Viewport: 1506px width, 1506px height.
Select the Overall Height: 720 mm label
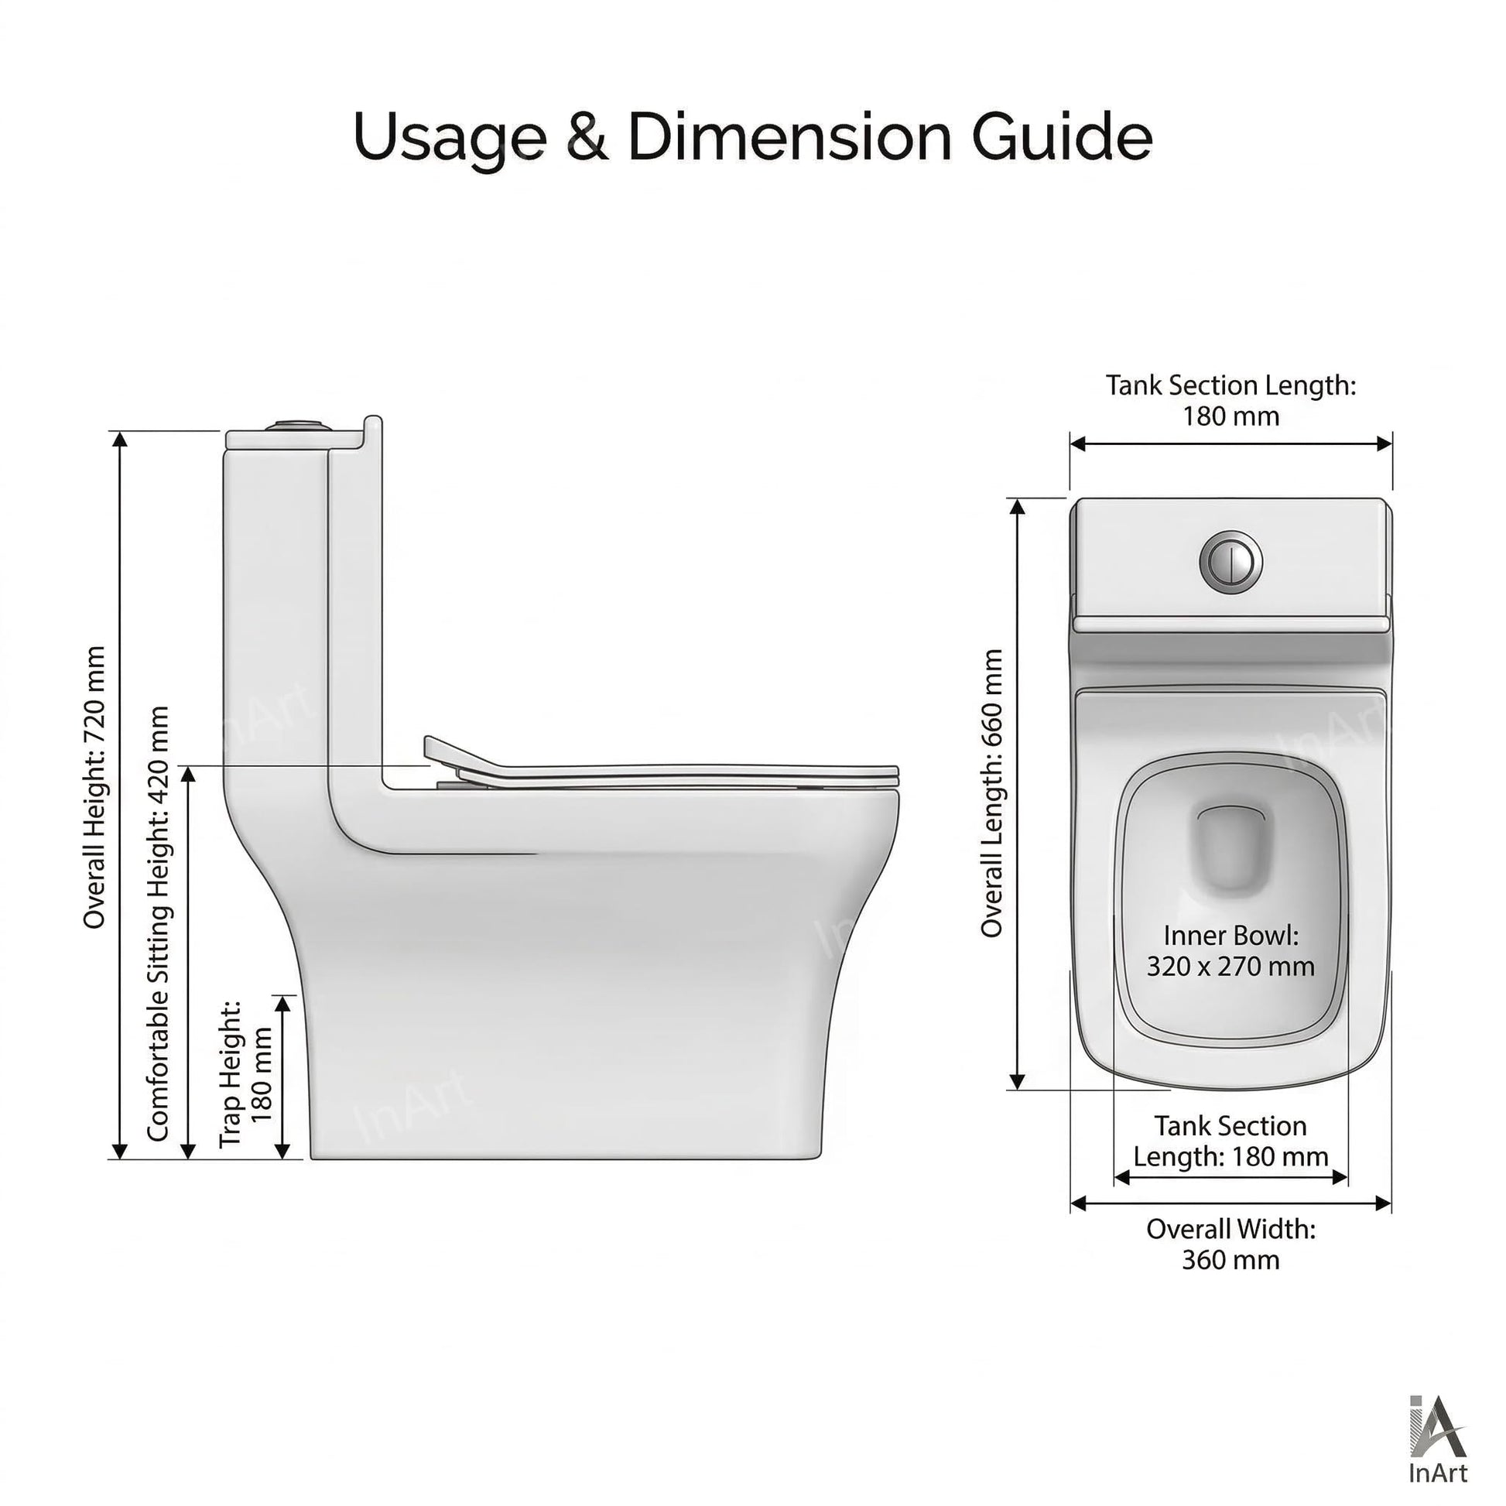[x=94, y=787]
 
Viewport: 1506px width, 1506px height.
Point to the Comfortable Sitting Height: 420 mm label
[x=158, y=924]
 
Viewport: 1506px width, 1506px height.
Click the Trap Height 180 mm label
[x=245, y=1073]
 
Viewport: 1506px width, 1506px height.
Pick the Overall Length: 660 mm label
[x=991, y=792]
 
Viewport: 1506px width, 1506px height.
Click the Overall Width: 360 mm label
[x=1230, y=1244]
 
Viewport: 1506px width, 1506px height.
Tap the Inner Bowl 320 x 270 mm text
[x=1230, y=950]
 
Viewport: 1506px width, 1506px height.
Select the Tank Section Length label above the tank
[x=1230, y=400]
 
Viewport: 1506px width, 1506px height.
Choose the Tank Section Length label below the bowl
[x=1230, y=1141]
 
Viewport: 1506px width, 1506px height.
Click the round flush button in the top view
[x=1230, y=561]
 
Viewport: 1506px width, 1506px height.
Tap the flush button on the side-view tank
[x=297, y=426]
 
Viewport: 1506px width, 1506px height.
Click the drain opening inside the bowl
[x=1230, y=847]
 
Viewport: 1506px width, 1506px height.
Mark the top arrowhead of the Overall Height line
[x=120, y=439]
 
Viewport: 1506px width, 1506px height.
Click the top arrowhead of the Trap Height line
[x=284, y=1004]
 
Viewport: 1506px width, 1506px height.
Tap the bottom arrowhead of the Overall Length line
[x=1017, y=1081]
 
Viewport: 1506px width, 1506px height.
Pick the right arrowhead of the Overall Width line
[x=1384, y=1203]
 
